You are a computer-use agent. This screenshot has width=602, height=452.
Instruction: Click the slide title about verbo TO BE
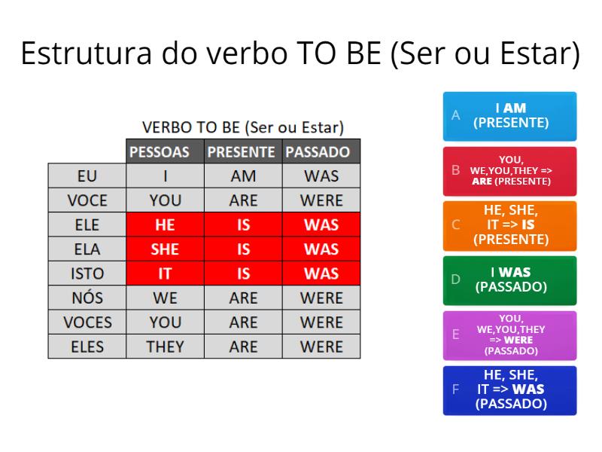pyautogui.click(x=301, y=56)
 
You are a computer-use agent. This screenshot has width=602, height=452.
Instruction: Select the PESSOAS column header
pyautogui.click(x=165, y=152)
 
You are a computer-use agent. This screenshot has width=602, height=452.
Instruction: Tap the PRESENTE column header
pyautogui.click(x=243, y=152)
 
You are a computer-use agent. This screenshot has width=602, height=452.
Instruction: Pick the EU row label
pyautogui.click(x=87, y=176)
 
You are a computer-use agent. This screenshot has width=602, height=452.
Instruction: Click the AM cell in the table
pyautogui.click(x=243, y=176)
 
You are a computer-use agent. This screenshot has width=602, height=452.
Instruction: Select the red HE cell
pyautogui.click(x=165, y=225)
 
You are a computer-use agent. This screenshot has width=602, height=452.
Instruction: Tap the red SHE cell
pyautogui.click(x=165, y=249)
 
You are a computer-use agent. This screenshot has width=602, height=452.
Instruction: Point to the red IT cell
pyautogui.click(x=165, y=273)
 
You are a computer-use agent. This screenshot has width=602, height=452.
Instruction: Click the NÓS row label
pyautogui.click(x=87, y=298)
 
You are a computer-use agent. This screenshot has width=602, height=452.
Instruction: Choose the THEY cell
pyautogui.click(x=165, y=347)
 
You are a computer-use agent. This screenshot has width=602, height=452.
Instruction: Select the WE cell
pyautogui.click(x=165, y=298)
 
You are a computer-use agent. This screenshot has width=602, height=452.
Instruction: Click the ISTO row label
pyautogui.click(x=87, y=273)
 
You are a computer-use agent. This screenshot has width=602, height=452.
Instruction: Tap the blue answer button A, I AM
pyautogui.click(x=510, y=116)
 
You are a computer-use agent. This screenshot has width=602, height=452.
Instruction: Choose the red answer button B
pyautogui.click(x=510, y=171)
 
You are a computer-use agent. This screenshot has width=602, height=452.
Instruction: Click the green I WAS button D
pyautogui.click(x=510, y=280)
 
